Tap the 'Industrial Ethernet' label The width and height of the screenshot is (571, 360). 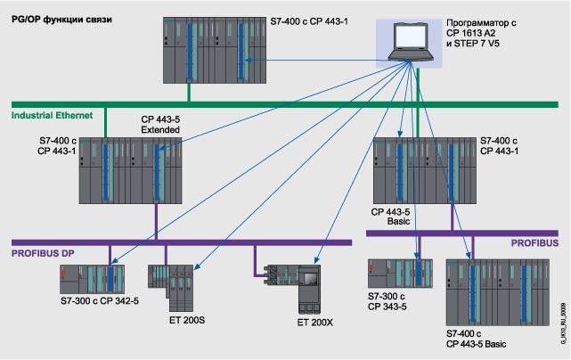(x=53, y=116)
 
